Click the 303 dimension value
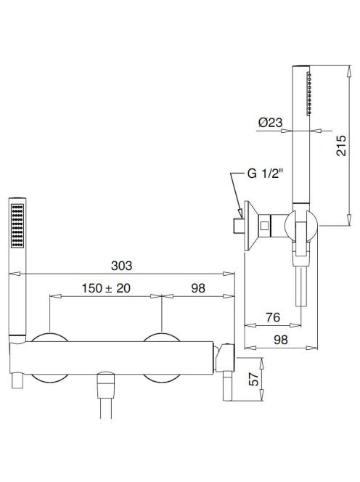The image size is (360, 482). (121, 265)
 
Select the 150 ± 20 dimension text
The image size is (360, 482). (106, 288)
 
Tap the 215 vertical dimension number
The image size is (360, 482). (340, 145)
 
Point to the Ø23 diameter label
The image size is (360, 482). (270, 123)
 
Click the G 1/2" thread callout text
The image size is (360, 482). (265, 173)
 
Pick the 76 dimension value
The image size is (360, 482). (273, 317)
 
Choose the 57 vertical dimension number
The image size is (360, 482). (254, 380)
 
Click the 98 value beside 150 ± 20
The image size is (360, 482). (198, 288)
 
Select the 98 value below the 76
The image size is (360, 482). (281, 340)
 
